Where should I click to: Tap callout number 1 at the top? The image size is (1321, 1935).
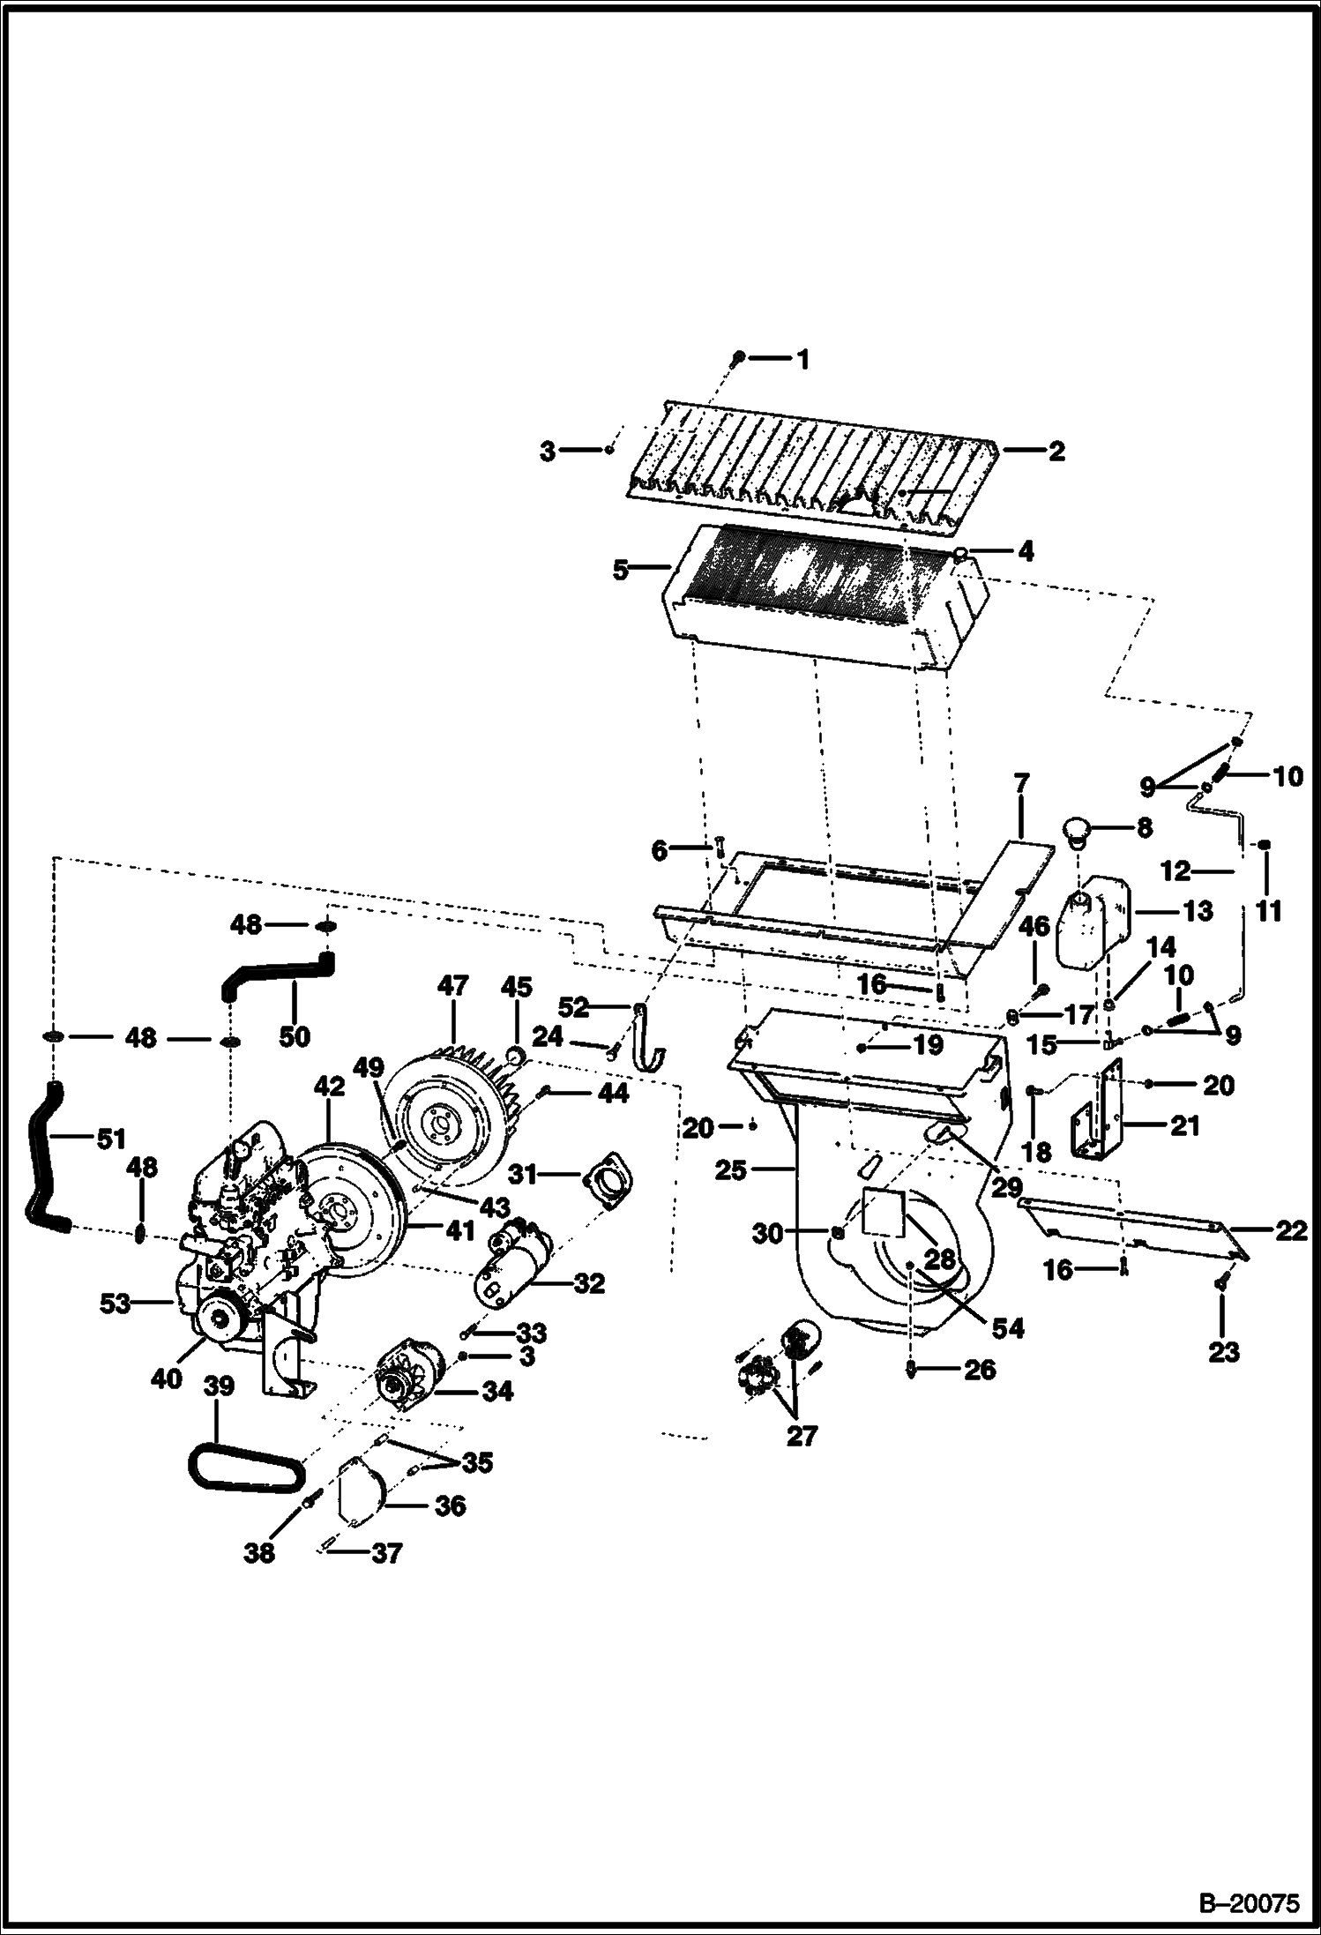(802, 358)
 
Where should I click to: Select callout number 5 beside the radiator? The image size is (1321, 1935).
(621, 570)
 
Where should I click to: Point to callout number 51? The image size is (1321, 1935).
(111, 1140)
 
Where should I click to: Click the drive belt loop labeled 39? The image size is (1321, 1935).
(243, 1470)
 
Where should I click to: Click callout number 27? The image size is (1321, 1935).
(802, 1436)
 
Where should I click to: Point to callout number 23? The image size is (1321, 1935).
(1224, 1351)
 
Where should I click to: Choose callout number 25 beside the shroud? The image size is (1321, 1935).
(732, 1171)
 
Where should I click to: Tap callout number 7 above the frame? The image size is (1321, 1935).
(1020, 781)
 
